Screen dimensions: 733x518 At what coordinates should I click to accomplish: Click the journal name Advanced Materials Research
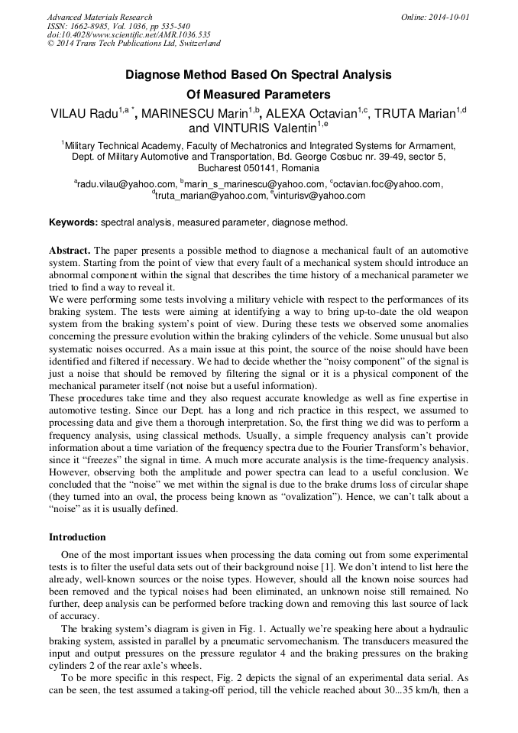[99, 17]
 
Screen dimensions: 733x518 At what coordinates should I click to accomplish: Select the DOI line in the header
[128, 34]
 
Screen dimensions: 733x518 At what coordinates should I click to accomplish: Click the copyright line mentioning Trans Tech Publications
[134, 44]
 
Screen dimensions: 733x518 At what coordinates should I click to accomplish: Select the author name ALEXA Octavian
[315, 115]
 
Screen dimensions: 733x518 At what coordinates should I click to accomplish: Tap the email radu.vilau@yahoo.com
[126, 184]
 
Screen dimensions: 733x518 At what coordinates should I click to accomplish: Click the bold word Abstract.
[70, 251]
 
